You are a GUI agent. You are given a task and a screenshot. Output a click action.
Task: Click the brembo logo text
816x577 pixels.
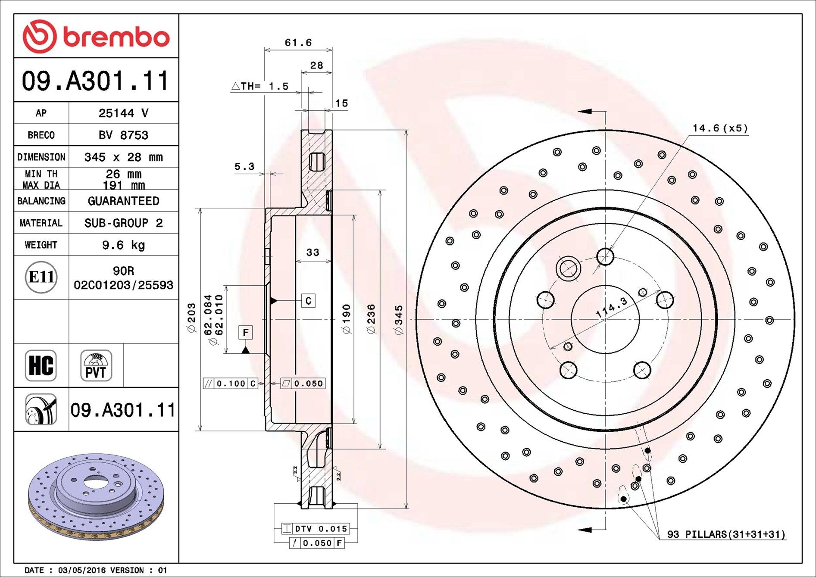coord(116,37)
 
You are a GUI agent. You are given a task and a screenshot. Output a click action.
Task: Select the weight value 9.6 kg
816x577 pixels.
coord(123,245)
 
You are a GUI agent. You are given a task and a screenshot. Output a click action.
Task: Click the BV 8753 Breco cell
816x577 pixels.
coord(123,135)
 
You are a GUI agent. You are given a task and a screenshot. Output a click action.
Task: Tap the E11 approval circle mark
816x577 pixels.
coord(41,277)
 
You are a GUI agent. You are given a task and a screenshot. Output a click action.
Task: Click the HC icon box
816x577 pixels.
coord(41,365)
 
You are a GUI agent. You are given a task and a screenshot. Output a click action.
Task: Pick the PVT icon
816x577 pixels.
coord(96,365)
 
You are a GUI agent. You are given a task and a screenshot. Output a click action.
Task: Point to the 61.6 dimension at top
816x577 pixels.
coord(298,43)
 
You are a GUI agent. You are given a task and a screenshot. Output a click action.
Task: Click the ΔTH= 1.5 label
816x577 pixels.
coord(260,86)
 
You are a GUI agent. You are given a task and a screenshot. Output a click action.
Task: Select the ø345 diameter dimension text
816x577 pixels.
coord(398,320)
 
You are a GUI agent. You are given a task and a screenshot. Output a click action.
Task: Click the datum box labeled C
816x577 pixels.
coord(308,300)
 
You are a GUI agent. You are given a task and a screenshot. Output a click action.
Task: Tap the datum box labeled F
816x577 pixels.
coord(245,332)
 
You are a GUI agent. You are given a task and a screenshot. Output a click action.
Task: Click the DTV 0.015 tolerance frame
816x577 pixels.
coord(316,528)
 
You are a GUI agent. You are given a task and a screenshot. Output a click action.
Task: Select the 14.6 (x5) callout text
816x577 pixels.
coord(720,128)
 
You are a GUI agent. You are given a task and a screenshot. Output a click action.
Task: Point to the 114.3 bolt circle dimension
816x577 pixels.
coord(611,308)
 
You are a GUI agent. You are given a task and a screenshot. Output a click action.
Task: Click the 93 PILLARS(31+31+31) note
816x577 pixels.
coord(726,534)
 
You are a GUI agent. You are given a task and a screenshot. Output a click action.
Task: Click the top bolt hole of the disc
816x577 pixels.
coord(605,256)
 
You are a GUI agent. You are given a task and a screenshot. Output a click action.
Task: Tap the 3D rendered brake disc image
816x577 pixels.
coord(96,496)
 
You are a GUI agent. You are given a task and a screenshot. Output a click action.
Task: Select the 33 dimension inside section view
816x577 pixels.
coord(313,253)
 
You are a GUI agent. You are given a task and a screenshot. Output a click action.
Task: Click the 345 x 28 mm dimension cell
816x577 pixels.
coord(123,157)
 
